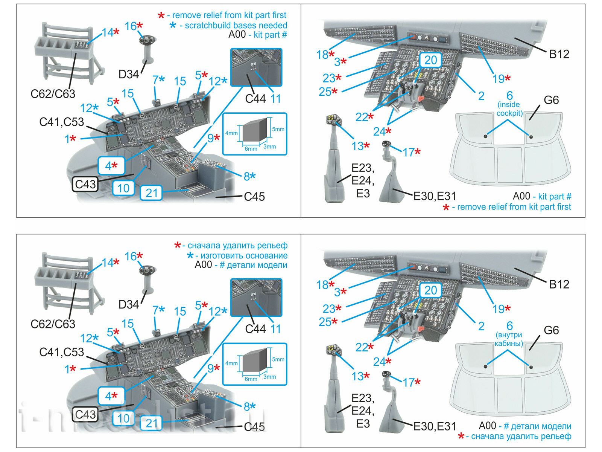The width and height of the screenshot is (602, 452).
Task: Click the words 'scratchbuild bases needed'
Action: (236, 25)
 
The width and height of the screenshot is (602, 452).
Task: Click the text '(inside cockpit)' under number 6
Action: (509, 109)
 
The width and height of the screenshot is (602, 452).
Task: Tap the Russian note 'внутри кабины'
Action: (509, 339)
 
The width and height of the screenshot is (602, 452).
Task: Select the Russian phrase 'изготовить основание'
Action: (244, 255)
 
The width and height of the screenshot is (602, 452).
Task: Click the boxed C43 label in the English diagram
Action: (85, 184)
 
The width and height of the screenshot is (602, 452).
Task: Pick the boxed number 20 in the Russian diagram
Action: (430, 290)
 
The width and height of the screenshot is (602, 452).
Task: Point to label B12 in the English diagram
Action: (559, 54)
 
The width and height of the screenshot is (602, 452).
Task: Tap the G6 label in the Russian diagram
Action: (551, 330)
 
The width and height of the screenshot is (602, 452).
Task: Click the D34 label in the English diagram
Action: (128, 74)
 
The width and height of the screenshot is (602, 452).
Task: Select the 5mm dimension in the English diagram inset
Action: (278, 129)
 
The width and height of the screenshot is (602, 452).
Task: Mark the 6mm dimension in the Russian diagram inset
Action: (251, 379)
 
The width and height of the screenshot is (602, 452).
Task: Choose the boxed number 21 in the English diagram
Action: (151, 193)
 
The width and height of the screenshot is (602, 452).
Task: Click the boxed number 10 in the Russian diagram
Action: (123, 418)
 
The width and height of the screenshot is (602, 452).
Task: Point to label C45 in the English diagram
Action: (254, 196)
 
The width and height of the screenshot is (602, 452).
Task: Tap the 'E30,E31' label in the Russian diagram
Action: (435, 426)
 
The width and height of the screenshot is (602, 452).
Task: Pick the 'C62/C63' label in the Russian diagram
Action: (53, 324)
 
